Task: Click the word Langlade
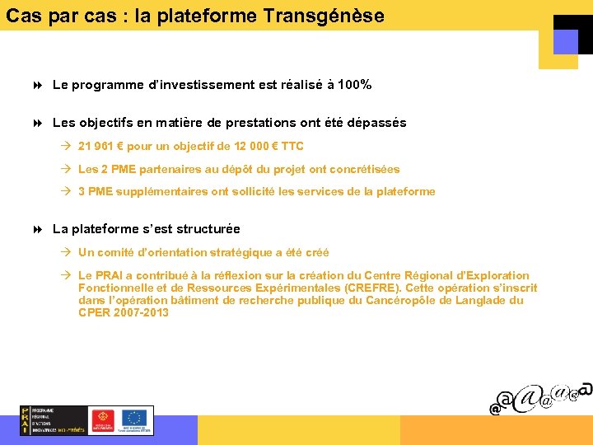point(481,301)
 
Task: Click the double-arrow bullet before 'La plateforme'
point(39,229)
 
